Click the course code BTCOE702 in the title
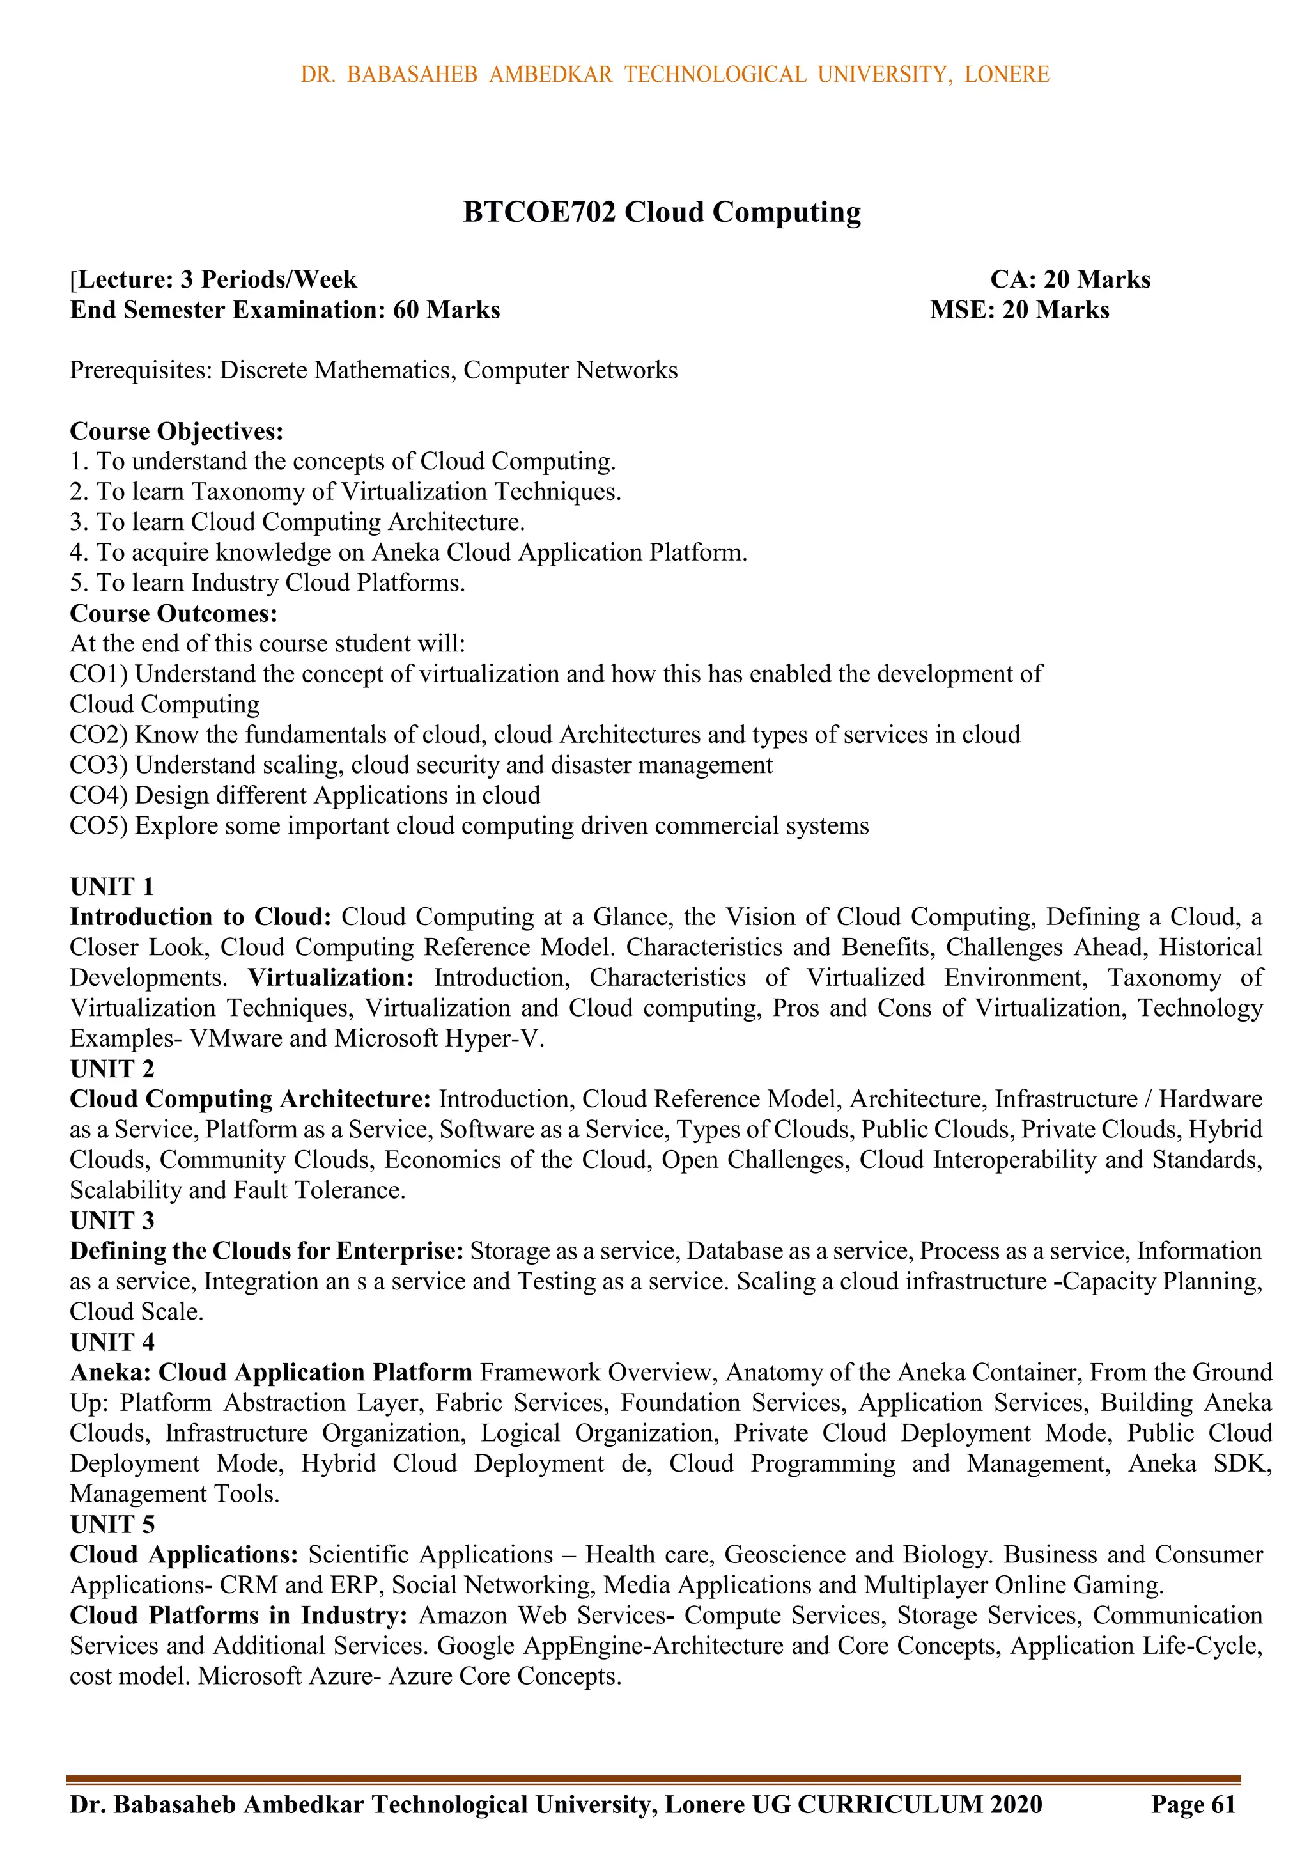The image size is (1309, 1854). pyautogui.click(x=539, y=212)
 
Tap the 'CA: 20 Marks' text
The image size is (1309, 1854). pyautogui.click(x=1070, y=279)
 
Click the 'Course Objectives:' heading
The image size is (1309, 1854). pyautogui.click(x=177, y=431)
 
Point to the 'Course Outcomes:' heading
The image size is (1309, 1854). pyautogui.click(x=174, y=614)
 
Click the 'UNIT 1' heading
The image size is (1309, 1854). pyautogui.click(x=111, y=887)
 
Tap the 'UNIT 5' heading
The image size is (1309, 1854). pyautogui.click(x=111, y=1525)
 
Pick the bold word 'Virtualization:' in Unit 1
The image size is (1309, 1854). pyautogui.click(x=331, y=978)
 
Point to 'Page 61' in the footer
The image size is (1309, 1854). pyautogui.click(x=1193, y=1805)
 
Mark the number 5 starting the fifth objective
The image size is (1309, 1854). pyautogui.click(x=75, y=583)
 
